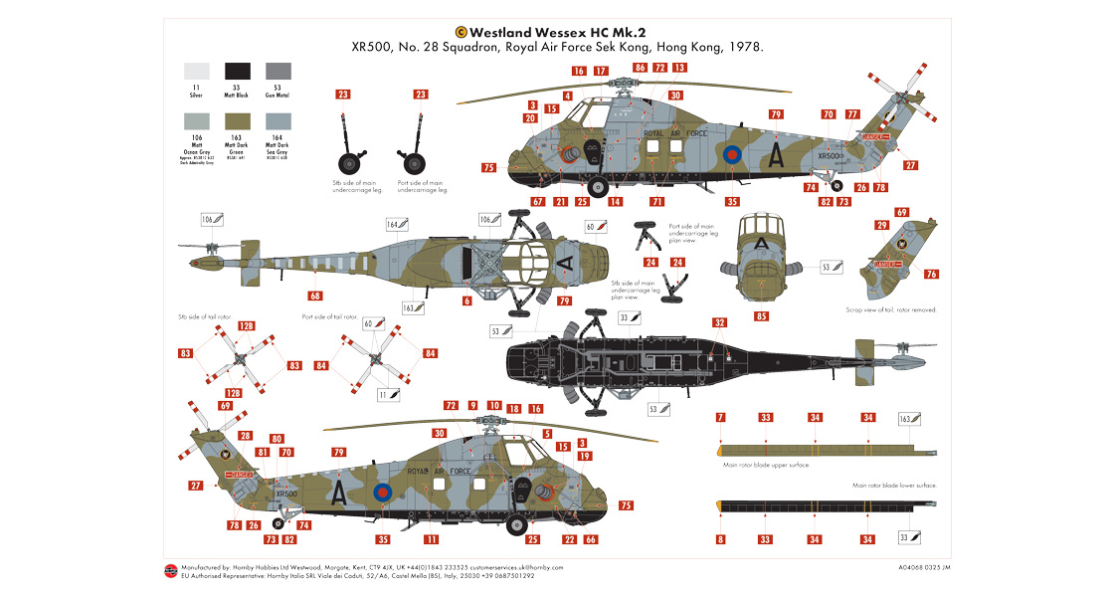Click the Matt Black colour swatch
click(238, 71)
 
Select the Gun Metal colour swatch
click(278, 71)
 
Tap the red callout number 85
click(761, 316)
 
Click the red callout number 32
click(719, 322)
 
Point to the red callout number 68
click(315, 296)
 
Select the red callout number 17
click(601, 71)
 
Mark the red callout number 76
click(930, 274)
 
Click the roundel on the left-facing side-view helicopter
click(733, 154)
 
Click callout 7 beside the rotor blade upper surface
click(720, 417)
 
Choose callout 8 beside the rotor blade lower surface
click(720, 539)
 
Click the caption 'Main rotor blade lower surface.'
click(894, 485)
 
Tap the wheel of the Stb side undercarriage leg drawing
click(349, 163)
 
